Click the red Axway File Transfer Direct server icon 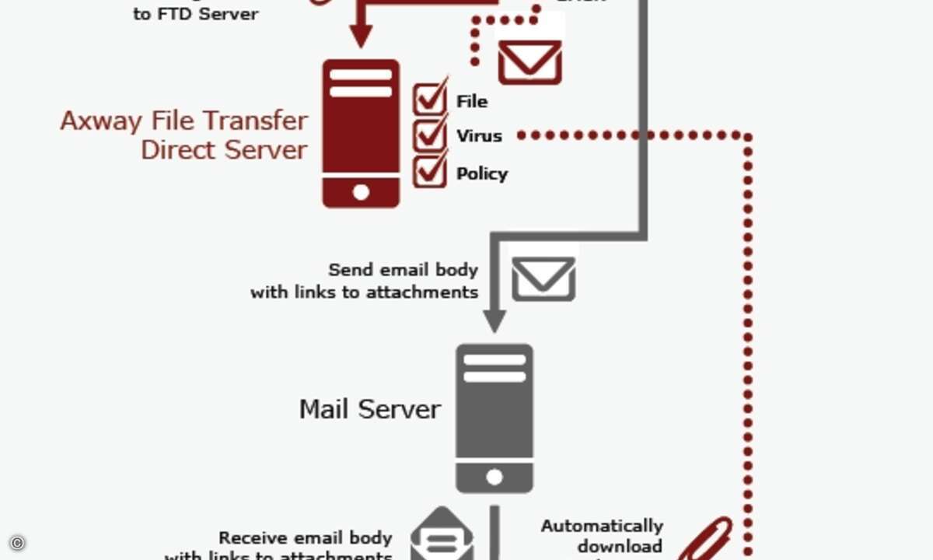[361, 133]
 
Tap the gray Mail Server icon [494, 418]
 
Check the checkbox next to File [429, 98]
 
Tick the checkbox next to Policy [429, 170]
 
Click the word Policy [482, 173]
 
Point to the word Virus [479, 135]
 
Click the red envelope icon [529, 61]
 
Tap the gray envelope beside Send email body [543, 279]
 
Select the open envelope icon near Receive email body [442, 535]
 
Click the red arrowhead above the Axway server [360, 36]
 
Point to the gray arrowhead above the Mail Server [494, 320]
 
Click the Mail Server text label [370, 409]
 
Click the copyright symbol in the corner [17, 543]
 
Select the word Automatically [602, 527]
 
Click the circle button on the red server [361, 192]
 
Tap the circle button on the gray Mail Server [494, 478]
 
